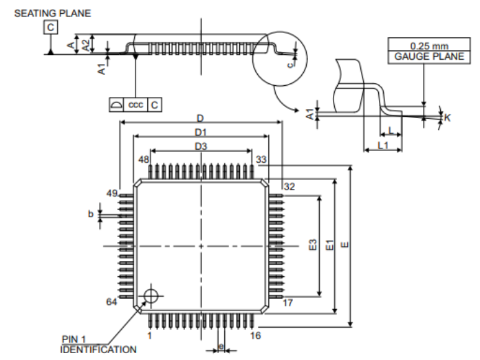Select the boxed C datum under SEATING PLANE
[x=52, y=27]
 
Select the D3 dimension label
[x=201, y=146]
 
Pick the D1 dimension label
[x=201, y=131]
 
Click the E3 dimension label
[x=313, y=246]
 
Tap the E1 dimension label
[x=330, y=245]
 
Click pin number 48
[x=143, y=159]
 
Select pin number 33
[x=261, y=159]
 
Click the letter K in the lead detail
[x=447, y=118]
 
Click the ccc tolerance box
[x=135, y=104]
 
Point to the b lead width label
[x=90, y=214]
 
